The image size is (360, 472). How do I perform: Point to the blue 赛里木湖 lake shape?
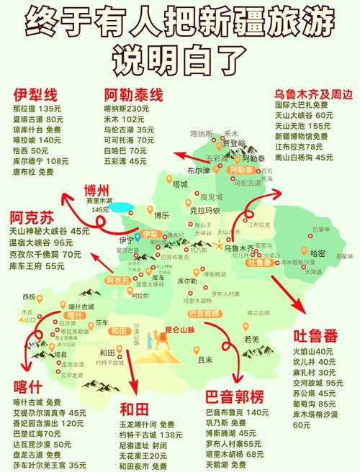point(122,208)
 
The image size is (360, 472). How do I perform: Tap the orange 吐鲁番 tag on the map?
point(261,263)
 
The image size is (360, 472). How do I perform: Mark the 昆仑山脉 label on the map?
point(186,329)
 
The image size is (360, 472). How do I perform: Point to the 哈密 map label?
point(318,253)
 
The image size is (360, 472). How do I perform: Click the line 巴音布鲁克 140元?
point(237,413)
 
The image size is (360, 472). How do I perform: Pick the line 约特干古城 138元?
point(150,435)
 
